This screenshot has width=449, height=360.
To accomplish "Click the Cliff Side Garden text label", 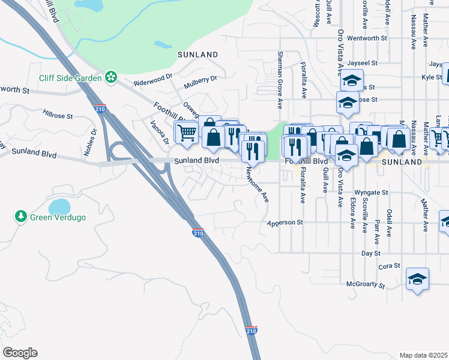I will point(71,77).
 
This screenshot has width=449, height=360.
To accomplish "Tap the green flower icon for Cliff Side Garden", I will point(110,77).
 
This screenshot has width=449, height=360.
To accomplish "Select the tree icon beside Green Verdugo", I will point(21,215).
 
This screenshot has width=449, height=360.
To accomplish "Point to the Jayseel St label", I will point(362,62).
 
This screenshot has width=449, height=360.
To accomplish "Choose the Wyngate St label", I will point(372,193).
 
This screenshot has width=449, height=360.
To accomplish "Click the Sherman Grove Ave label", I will point(279,80).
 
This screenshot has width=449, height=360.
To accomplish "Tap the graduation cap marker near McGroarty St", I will point(417,279).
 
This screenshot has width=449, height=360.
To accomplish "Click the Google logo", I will point(20,353).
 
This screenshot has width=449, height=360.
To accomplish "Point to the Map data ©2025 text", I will point(424,355).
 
